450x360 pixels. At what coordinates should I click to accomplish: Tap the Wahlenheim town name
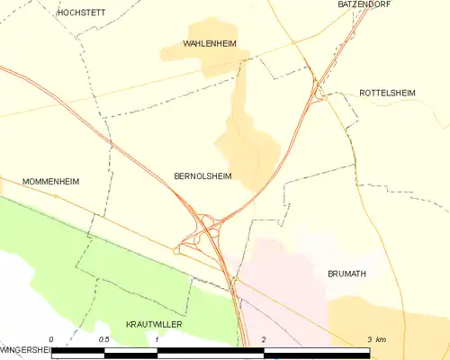pyautogui.click(x=209, y=43)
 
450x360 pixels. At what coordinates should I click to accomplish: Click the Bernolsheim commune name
pyautogui.click(x=202, y=176)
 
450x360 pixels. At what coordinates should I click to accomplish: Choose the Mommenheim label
pyautogui.click(x=51, y=181)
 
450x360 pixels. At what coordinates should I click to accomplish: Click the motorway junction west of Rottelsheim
pyautogui.click(x=316, y=90)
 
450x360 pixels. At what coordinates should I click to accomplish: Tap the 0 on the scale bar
pyautogui.click(x=52, y=339)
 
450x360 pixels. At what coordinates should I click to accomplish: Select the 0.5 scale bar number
pyautogui.click(x=103, y=339)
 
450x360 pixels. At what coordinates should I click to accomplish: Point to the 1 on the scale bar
pyautogui.click(x=157, y=339)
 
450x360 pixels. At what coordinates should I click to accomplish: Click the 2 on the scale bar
pyautogui.click(x=263, y=339)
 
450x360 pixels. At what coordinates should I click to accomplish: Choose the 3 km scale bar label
pyautogui.click(x=376, y=339)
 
